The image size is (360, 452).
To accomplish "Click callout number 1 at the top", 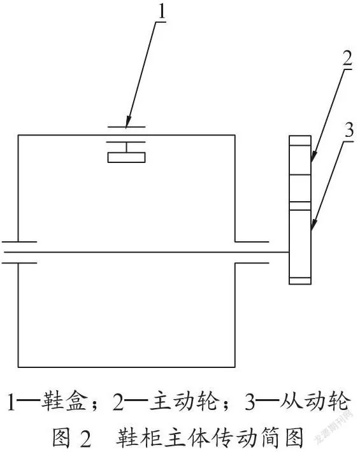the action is click(162, 11).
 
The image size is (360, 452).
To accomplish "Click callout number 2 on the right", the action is click(347, 58).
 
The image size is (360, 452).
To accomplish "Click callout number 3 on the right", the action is click(349, 130).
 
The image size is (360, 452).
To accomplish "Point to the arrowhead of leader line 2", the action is click(314, 156).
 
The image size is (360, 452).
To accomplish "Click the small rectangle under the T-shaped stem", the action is click(126, 158).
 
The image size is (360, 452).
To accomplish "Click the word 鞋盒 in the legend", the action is click(64, 400).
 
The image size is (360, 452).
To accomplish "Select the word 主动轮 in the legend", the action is click(183, 400).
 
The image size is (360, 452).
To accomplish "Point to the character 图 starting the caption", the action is click(61, 437).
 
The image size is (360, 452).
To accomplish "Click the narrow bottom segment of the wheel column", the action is click(300, 281).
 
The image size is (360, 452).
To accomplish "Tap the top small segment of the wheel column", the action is click(300, 141).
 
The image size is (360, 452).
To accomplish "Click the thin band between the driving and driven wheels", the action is click(300, 206).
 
